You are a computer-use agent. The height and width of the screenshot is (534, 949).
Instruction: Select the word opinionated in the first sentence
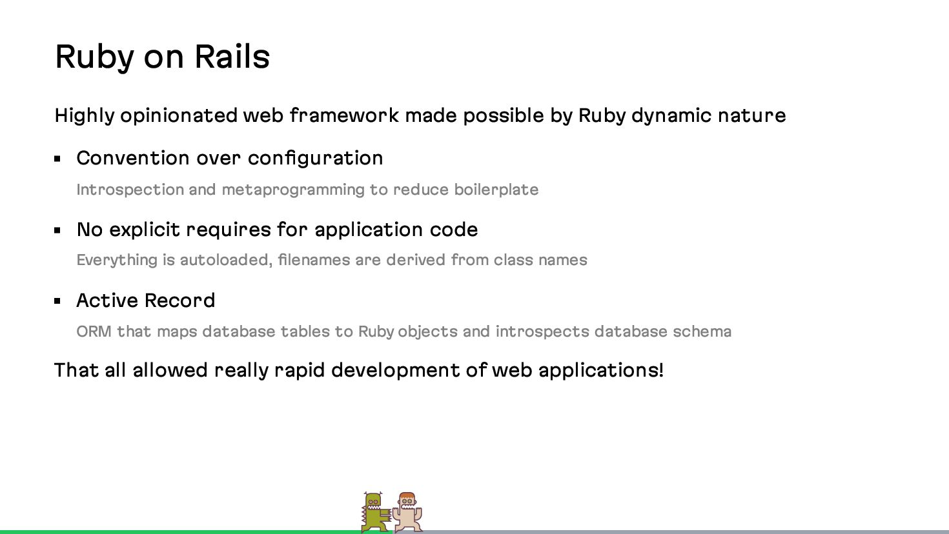pyautogui.click(x=179, y=116)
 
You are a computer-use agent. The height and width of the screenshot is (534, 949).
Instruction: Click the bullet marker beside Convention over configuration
pyautogui.click(x=57, y=159)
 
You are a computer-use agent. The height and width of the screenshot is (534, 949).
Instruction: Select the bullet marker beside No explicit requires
pyautogui.click(x=57, y=230)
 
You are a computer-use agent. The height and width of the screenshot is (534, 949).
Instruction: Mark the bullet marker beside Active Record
pyautogui.click(x=57, y=301)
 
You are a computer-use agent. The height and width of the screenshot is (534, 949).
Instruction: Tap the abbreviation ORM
pyautogui.click(x=94, y=332)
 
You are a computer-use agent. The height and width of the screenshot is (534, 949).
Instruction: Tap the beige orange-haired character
pyautogui.click(x=407, y=512)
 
